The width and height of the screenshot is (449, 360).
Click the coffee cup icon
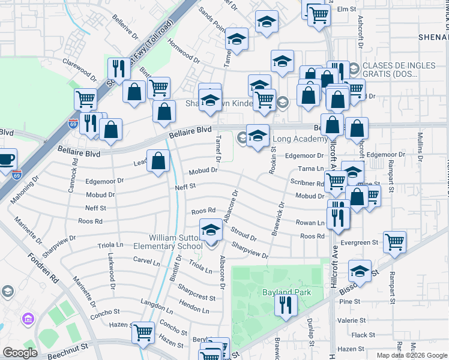click(6, 160)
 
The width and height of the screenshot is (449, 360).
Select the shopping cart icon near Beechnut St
click(143, 332)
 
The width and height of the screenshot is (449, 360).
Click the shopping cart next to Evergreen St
click(395, 242)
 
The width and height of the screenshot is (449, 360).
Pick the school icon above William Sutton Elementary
click(210, 230)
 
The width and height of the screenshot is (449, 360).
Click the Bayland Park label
click(280, 292)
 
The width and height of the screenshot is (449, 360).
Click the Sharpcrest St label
click(197, 297)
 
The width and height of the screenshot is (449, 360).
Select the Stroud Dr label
click(244, 235)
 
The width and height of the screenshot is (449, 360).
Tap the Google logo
click(20, 353)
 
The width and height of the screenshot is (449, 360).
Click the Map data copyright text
click(412, 355)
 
